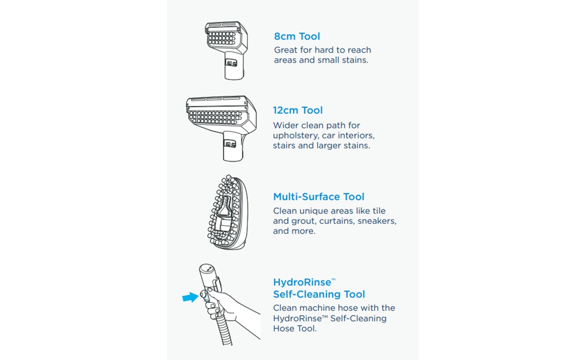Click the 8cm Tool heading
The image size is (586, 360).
point(297,37)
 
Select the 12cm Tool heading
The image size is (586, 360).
point(298,110)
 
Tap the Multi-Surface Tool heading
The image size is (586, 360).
point(318,197)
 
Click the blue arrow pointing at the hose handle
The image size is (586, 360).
point(190,298)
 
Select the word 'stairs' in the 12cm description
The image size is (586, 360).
point(284,146)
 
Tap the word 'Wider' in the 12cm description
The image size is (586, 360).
point(285,126)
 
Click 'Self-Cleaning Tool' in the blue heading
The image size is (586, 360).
point(319,294)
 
